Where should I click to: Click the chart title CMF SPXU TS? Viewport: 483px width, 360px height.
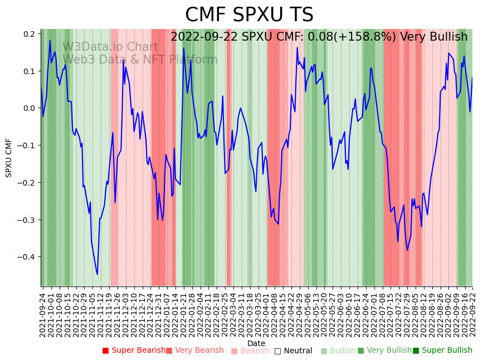click(x=249, y=15)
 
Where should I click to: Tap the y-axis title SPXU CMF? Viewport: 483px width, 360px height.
click(x=9, y=158)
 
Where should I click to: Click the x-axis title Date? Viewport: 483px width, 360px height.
click(x=256, y=343)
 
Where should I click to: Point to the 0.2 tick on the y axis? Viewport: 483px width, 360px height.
click(x=30, y=34)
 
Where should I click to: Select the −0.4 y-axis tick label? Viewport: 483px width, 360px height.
click(x=27, y=257)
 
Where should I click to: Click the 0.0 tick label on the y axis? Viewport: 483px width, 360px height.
click(x=30, y=108)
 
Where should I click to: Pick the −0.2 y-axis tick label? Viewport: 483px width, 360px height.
click(x=27, y=183)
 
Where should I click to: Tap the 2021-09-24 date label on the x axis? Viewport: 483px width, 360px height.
click(x=43, y=312)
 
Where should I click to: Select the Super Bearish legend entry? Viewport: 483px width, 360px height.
click(x=134, y=351)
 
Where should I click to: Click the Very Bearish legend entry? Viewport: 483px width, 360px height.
click(x=195, y=351)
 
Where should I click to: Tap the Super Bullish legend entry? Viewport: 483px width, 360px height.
click(x=443, y=351)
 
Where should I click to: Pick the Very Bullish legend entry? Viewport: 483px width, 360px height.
click(x=385, y=351)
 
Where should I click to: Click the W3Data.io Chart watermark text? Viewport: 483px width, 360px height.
click(x=110, y=47)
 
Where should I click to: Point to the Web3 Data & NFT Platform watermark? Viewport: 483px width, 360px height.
click(x=140, y=60)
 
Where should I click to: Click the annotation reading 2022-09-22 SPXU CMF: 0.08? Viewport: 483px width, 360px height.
click(x=319, y=37)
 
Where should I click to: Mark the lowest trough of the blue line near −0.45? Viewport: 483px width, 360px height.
click(x=97, y=274)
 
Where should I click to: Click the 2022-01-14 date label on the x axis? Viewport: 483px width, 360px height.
click(x=174, y=312)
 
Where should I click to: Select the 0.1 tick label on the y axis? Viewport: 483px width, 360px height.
click(x=30, y=71)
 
